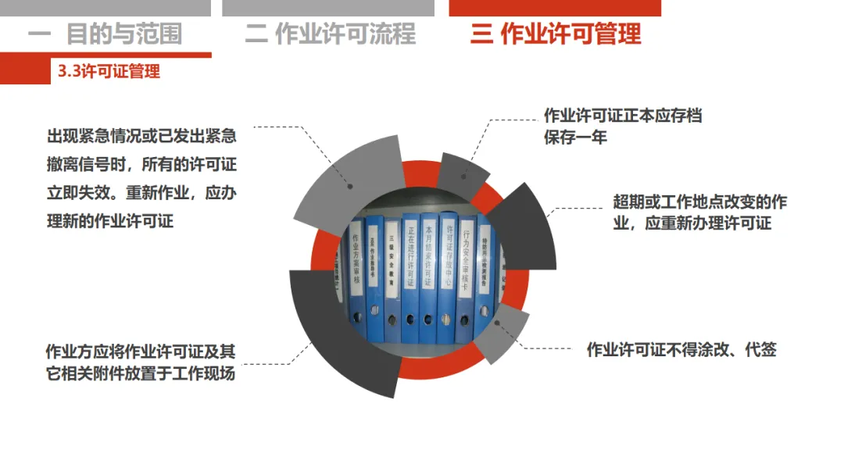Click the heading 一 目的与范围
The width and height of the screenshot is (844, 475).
pos(105,34)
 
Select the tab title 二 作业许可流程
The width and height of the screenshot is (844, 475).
pos(330,34)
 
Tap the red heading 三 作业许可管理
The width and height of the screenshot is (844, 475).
pos(556,34)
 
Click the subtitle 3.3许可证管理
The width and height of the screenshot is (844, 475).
pos(109,72)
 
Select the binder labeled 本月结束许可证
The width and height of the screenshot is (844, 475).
pos(428,258)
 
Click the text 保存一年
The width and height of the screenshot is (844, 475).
pos(575,137)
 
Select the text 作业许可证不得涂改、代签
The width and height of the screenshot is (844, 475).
pos(681,350)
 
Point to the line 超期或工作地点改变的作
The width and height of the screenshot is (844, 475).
pos(699,202)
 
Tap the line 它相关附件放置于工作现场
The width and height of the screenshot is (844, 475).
pos(141,373)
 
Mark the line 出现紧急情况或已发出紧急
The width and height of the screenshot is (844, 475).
pos(141,137)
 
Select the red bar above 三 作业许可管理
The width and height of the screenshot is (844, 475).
pos(555,8)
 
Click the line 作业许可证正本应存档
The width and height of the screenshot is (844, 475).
pos(623,116)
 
